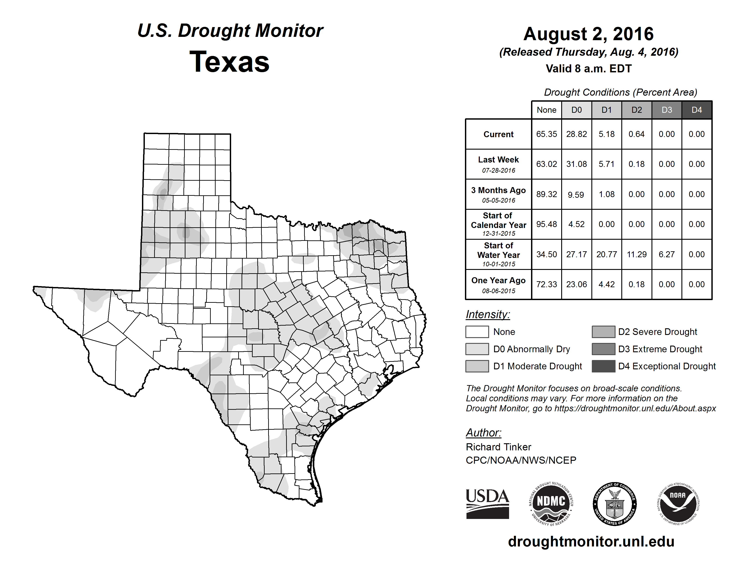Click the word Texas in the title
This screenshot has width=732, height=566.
229,62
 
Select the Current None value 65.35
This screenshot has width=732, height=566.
546,134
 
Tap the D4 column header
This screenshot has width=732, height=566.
697,110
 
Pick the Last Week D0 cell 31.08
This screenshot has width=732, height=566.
577,164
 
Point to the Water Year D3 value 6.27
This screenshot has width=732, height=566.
666,255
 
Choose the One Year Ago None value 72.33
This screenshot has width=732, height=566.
546,284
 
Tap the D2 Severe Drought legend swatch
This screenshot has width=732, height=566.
603,332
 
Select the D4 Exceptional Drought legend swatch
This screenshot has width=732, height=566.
603,366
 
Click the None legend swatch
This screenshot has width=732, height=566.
477,332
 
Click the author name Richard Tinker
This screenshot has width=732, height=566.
498,447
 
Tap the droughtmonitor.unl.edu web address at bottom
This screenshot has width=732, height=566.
591,542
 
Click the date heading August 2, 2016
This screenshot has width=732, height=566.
588,34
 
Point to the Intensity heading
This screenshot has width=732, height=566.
488,315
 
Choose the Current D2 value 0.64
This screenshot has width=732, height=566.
636,134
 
